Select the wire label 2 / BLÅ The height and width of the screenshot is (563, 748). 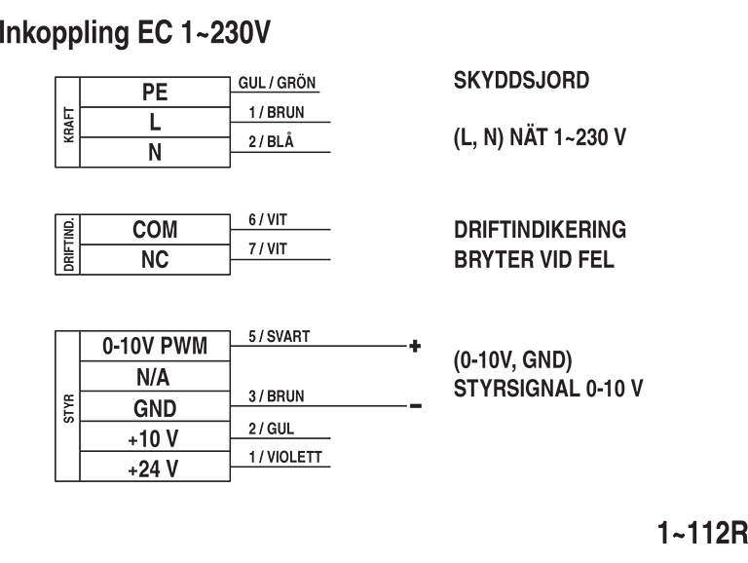pos(270,142)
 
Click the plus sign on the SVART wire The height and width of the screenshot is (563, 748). pos(415,346)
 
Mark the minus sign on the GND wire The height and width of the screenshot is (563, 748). pos(415,406)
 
